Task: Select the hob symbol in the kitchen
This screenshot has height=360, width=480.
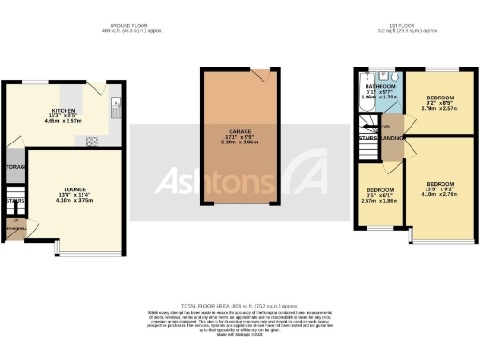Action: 93,142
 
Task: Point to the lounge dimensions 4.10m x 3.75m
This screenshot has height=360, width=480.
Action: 64,202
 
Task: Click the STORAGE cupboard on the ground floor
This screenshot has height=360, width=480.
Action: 15,168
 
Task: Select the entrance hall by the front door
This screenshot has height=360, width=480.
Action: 16,228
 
